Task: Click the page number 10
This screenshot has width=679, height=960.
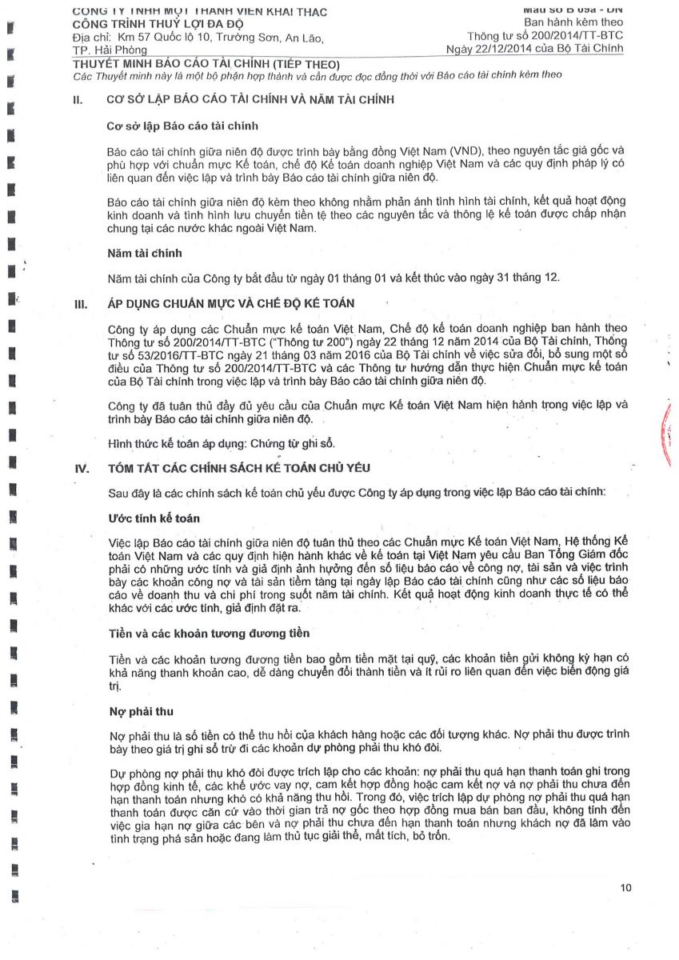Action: (x=625, y=887)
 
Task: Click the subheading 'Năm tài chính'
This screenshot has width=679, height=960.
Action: (x=145, y=253)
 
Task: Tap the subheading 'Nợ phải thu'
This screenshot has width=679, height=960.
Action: (x=141, y=711)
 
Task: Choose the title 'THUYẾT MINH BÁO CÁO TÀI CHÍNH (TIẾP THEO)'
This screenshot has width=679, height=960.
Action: (x=206, y=63)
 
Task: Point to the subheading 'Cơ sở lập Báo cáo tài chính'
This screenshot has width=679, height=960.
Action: (x=182, y=126)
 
